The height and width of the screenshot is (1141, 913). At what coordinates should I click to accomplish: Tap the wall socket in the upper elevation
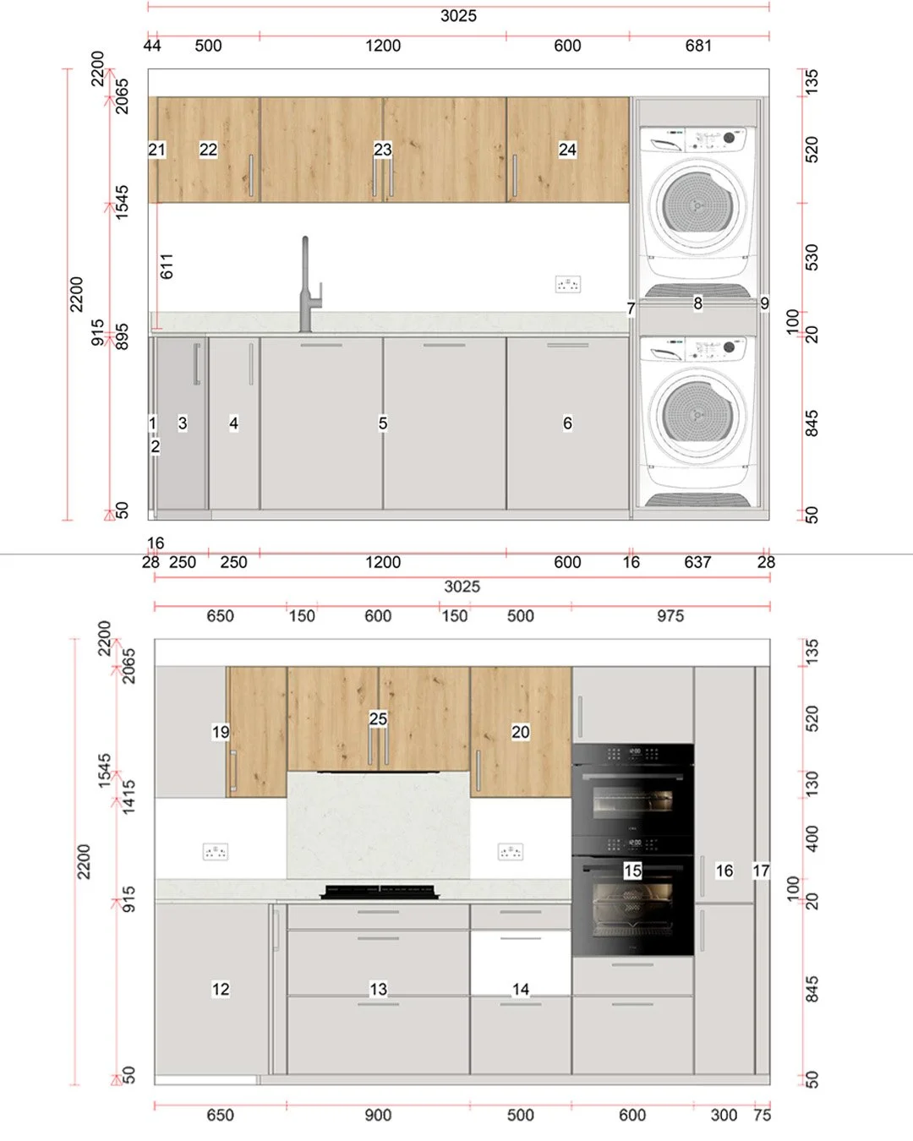click(567, 285)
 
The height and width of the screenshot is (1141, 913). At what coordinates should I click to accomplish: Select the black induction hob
click(380, 892)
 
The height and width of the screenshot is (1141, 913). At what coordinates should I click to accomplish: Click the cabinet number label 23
click(382, 150)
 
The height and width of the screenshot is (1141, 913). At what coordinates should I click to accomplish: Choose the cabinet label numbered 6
click(567, 423)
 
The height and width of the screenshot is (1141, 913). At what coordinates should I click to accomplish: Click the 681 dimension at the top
click(698, 46)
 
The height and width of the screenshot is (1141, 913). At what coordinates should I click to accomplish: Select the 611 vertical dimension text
click(167, 266)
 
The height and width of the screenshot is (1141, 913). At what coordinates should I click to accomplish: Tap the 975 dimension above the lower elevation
click(670, 616)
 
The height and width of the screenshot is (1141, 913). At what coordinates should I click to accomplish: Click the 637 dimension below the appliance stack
click(697, 562)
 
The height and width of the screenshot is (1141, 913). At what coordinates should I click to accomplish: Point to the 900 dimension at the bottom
click(378, 1115)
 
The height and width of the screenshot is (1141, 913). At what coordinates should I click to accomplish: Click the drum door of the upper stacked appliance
click(697, 205)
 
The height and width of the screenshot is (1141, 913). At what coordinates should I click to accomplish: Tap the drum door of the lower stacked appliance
click(697, 413)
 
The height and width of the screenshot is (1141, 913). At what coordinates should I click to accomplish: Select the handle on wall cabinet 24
click(514, 176)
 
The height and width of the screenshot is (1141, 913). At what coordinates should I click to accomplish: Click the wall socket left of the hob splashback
click(216, 852)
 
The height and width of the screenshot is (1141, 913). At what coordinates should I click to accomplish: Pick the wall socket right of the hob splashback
click(511, 852)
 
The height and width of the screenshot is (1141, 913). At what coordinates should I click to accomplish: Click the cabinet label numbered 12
click(221, 989)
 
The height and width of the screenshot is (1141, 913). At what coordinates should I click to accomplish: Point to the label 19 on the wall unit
click(221, 732)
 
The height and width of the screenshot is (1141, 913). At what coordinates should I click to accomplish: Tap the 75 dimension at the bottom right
click(762, 1115)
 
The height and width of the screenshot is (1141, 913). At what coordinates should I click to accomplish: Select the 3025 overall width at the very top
click(458, 16)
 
